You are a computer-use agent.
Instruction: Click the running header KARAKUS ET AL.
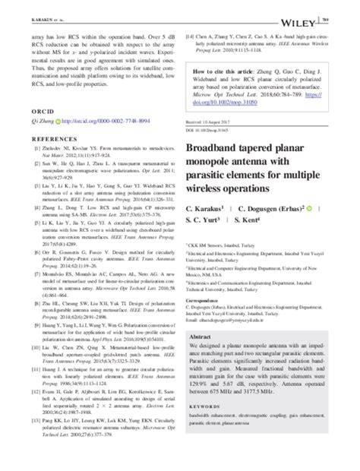[x=30, y=9]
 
